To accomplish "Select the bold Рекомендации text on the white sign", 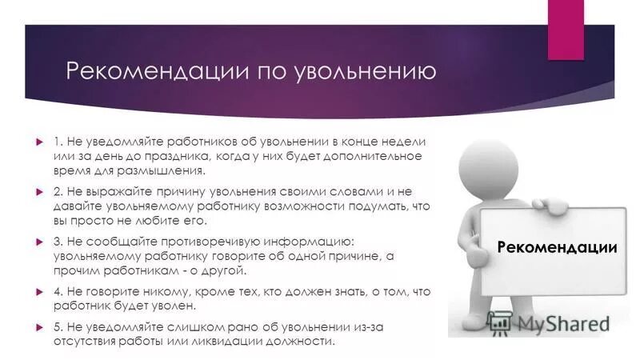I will click(557, 246).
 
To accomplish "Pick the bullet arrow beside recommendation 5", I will click(39, 327).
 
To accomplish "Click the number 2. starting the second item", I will click(58, 192).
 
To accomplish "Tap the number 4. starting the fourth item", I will click(58, 292).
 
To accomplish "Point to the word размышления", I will click(166, 170).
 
